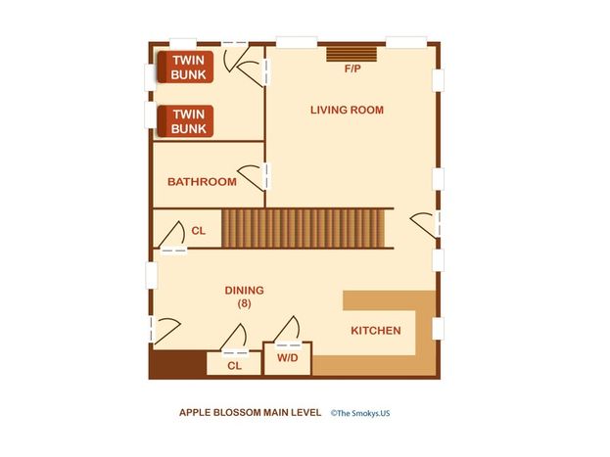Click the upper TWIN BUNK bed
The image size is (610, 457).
click(186, 67)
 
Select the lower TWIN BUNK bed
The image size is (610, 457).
click(186, 121)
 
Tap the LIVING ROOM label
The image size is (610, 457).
click(347, 110)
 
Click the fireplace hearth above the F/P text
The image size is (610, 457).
click(352, 55)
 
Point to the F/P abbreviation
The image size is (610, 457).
click(352, 69)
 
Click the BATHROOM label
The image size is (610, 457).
click(202, 182)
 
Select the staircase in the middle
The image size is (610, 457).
click(304, 228)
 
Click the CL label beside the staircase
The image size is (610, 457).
click(199, 231)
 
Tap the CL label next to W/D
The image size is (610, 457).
click(235, 366)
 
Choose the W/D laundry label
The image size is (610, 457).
click(288, 358)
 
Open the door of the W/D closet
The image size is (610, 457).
click(288, 332)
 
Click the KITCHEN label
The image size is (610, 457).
click(376, 331)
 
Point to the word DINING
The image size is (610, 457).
click(245, 290)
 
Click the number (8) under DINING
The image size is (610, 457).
click(245, 303)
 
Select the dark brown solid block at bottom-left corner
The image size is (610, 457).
click(178, 364)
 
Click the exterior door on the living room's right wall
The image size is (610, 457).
click(426, 225)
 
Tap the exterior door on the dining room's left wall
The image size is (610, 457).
click(164, 331)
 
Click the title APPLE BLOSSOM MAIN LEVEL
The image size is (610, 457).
click(250, 413)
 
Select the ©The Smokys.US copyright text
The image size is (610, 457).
click(360, 413)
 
